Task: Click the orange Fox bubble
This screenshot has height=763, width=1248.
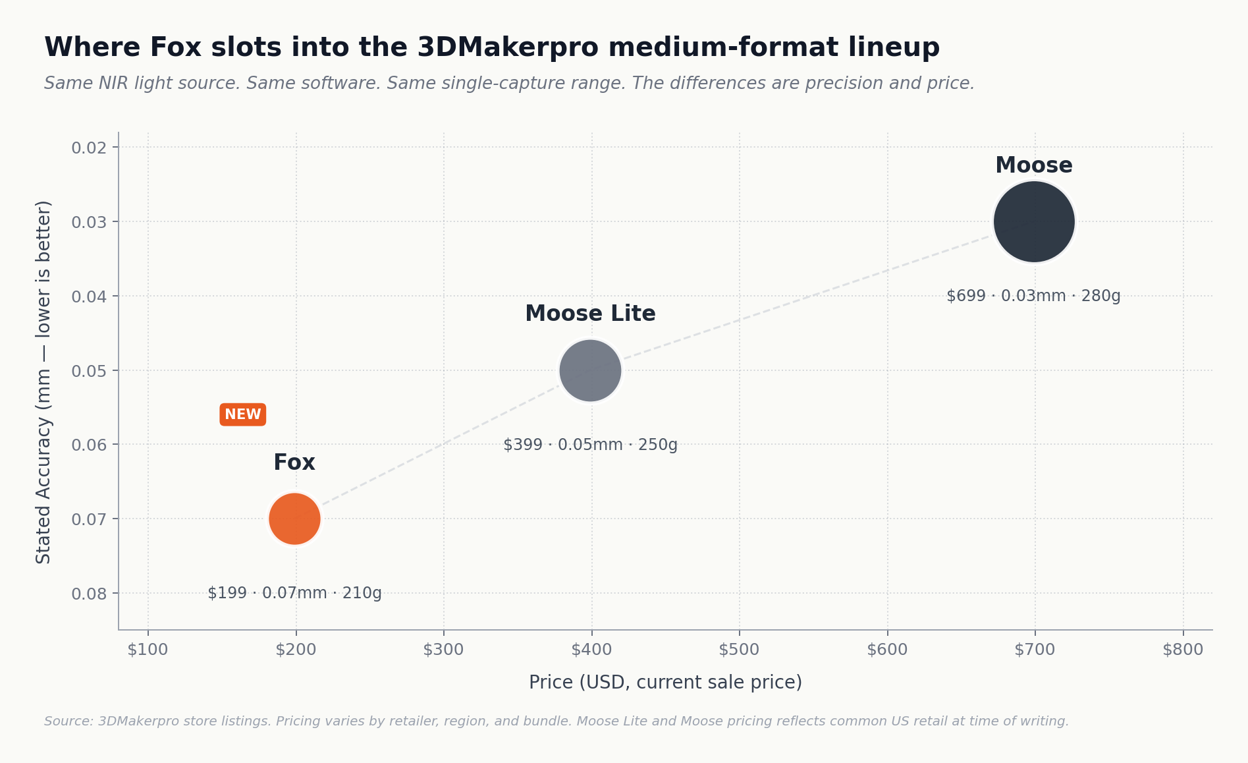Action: [294, 519]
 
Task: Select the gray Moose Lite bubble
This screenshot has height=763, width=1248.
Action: [590, 370]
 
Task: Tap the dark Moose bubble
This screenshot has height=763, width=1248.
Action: [1034, 221]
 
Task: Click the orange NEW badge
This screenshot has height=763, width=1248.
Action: [242, 414]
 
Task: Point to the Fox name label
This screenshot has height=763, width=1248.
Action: [294, 463]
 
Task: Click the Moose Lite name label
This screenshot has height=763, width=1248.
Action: [590, 314]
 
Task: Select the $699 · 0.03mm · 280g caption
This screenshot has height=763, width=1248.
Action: [1033, 296]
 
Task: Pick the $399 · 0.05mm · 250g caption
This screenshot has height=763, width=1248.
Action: [590, 445]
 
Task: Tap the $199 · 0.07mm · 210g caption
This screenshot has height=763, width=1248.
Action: [294, 593]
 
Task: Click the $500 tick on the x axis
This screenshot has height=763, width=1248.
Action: [739, 650]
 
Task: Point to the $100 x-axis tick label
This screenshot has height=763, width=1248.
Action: [148, 650]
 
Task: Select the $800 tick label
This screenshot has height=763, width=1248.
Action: [1183, 650]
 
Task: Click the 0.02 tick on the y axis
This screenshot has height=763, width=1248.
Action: [89, 148]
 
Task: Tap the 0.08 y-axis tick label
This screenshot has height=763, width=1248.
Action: [89, 594]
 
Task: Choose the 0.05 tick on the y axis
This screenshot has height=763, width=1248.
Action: [89, 371]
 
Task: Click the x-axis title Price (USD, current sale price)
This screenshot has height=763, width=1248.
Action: [665, 683]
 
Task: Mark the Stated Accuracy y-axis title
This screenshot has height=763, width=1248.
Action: [43, 382]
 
